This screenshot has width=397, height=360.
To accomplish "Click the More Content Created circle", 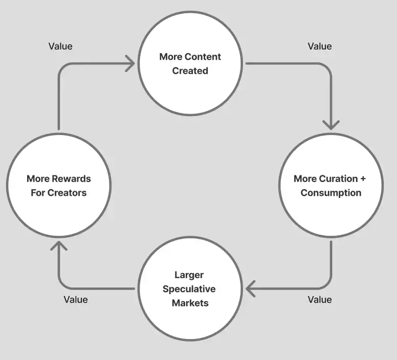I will pos(190,64).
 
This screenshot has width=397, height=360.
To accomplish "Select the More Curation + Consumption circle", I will pos(330,186).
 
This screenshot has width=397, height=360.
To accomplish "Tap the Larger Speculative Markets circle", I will pos(190,289).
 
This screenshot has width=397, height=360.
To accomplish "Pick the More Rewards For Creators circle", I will pos(58,186).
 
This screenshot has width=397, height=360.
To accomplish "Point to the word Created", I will pos(190,71).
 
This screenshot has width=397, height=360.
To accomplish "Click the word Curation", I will pos(338,179).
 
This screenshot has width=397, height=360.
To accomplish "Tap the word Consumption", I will pos(331,193).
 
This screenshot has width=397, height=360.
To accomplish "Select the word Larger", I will pos(189,275).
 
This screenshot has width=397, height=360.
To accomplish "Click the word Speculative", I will pos(189,289).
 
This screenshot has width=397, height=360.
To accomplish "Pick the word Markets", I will pos(190,303).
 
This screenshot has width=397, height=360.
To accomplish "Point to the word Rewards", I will pos(72,179).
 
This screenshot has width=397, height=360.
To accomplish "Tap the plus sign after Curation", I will pos(363,179).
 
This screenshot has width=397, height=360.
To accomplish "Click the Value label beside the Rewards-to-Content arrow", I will pos(60,46).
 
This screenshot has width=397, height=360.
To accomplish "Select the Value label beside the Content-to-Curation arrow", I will pos(320,46).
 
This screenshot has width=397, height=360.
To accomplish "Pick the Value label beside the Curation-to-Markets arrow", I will pos(320,300).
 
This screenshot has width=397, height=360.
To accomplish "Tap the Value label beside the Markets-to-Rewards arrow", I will pos(76,300).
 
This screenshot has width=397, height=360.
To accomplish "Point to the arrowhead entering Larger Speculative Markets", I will pos(251,288).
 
